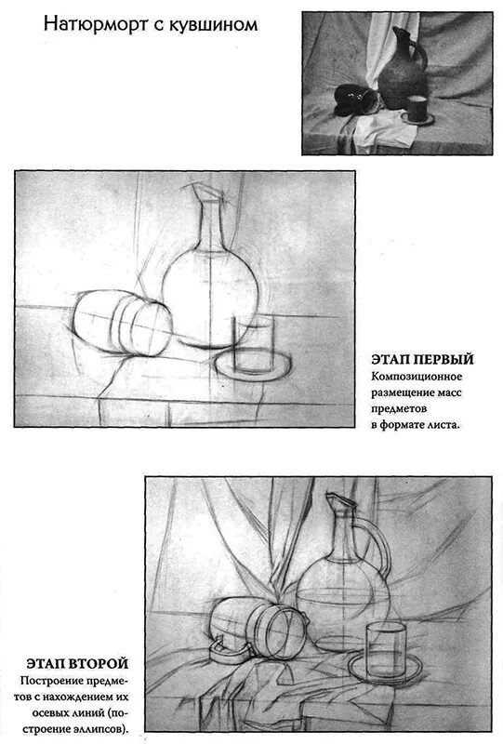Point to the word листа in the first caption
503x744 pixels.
(x=443, y=426)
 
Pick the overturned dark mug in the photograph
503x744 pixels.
(x=356, y=97)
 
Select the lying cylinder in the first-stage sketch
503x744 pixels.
(x=124, y=325)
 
